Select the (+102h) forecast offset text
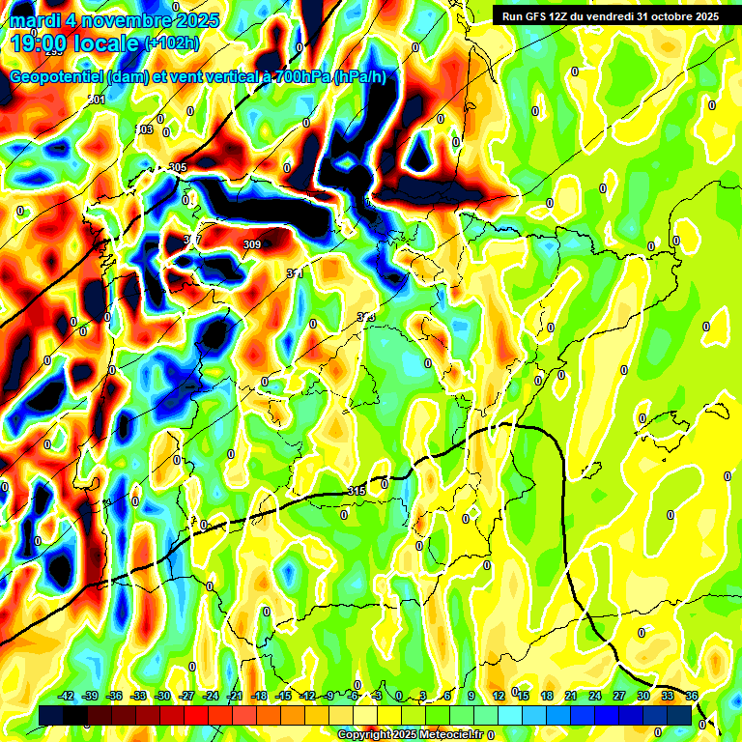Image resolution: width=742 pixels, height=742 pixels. coord(172,43)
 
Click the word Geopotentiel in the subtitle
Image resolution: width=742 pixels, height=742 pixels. coord(57,76)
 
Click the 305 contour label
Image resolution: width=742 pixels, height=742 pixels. coord(177,167)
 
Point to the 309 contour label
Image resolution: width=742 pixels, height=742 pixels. coord(252,244)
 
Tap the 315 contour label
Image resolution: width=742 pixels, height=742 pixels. coord(356,492)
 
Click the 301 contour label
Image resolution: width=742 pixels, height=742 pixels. coord(97,100)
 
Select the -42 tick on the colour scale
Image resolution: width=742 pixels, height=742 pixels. coord(66,696)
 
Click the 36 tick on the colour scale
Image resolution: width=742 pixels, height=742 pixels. coord(692,696)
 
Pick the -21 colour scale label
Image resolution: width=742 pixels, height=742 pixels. coord(234,696)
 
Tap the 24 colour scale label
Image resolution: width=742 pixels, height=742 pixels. coord(594,696)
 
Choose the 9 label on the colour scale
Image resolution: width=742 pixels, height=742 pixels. coord(471,696)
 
